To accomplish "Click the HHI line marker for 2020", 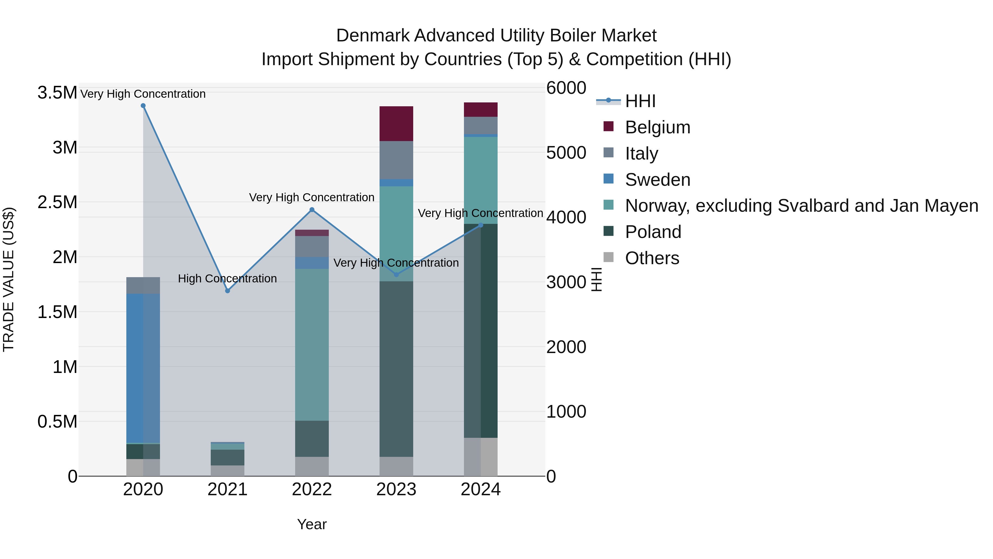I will [x=143, y=106].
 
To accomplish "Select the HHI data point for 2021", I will [x=228, y=290].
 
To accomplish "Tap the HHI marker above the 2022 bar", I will [x=312, y=210].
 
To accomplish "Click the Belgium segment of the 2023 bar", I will [x=396, y=123].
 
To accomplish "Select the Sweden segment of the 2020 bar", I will [x=143, y=369].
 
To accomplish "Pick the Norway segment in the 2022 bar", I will [x=312, y=345].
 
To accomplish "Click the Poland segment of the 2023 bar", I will [x=396, y=369].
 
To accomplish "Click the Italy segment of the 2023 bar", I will [x=396, y=160].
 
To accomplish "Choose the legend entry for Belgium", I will [x=657, y=127].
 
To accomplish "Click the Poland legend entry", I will [x=653, y=232].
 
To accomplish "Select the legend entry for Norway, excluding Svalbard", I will [x=801, y=206].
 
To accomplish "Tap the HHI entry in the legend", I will [x=640, y=101].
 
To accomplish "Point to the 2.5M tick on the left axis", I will [x=57, y=202].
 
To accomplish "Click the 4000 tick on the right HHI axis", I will [x=566, y=217].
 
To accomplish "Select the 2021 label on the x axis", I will [x=228, y=489].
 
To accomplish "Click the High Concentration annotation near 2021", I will [x=228, y=279].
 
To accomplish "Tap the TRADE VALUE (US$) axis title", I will [x=9, y=279].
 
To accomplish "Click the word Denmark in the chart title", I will [x=372, y=36].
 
